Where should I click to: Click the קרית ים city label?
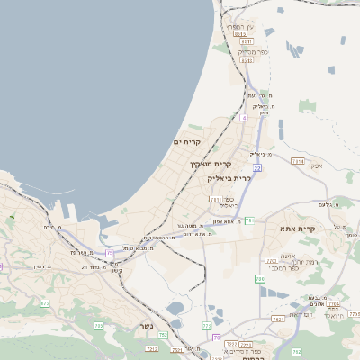tap(186, 142)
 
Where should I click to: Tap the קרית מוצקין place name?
tap(211, 165)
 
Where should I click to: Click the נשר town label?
tap(147, 325)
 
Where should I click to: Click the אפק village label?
tap(316, 166)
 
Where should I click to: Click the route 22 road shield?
tap(257, 167)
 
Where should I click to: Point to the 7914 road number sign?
tap(298, 161)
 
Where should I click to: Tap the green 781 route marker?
tap(250, 220)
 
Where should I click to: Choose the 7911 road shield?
tap(216, 199)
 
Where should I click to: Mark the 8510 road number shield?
tap(246, 60)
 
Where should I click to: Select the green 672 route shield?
tap(45, 303)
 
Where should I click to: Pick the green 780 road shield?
tap(260, 280)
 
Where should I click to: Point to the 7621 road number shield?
tap(277, 318)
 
